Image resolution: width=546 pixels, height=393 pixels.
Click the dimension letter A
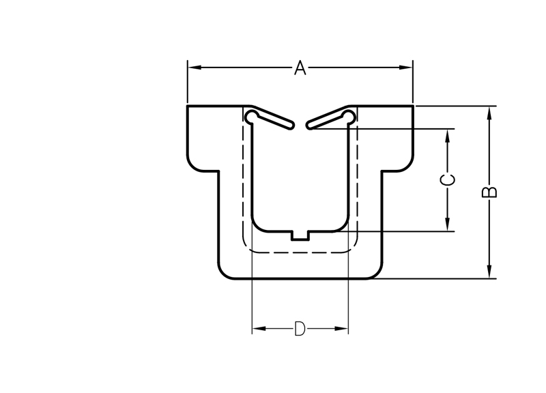(300, 68)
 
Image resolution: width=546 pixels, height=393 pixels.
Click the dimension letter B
(489, 192)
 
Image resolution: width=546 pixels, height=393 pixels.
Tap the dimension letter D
(300, 329)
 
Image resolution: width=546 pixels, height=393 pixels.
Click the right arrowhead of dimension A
(406, 67)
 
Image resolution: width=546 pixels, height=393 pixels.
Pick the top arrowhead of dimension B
(489, 113)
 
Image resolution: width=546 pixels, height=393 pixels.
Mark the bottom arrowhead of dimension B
(489, 272)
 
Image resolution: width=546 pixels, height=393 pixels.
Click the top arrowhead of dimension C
(448, 136)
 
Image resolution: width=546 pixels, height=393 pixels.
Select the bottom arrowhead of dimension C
(448, 224)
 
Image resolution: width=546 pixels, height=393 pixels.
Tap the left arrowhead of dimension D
(259, 328)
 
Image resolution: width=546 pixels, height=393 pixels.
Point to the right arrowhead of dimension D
(341, 328)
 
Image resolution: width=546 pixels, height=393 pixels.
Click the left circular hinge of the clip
(251, 116)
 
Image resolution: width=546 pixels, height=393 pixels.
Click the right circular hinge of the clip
(349, 116)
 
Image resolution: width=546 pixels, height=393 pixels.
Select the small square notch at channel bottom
(300, 235)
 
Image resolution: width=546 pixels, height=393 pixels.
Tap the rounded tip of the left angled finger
(291, 126)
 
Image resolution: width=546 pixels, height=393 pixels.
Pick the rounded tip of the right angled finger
(309, 126)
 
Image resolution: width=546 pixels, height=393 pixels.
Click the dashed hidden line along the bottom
(300, 252)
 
